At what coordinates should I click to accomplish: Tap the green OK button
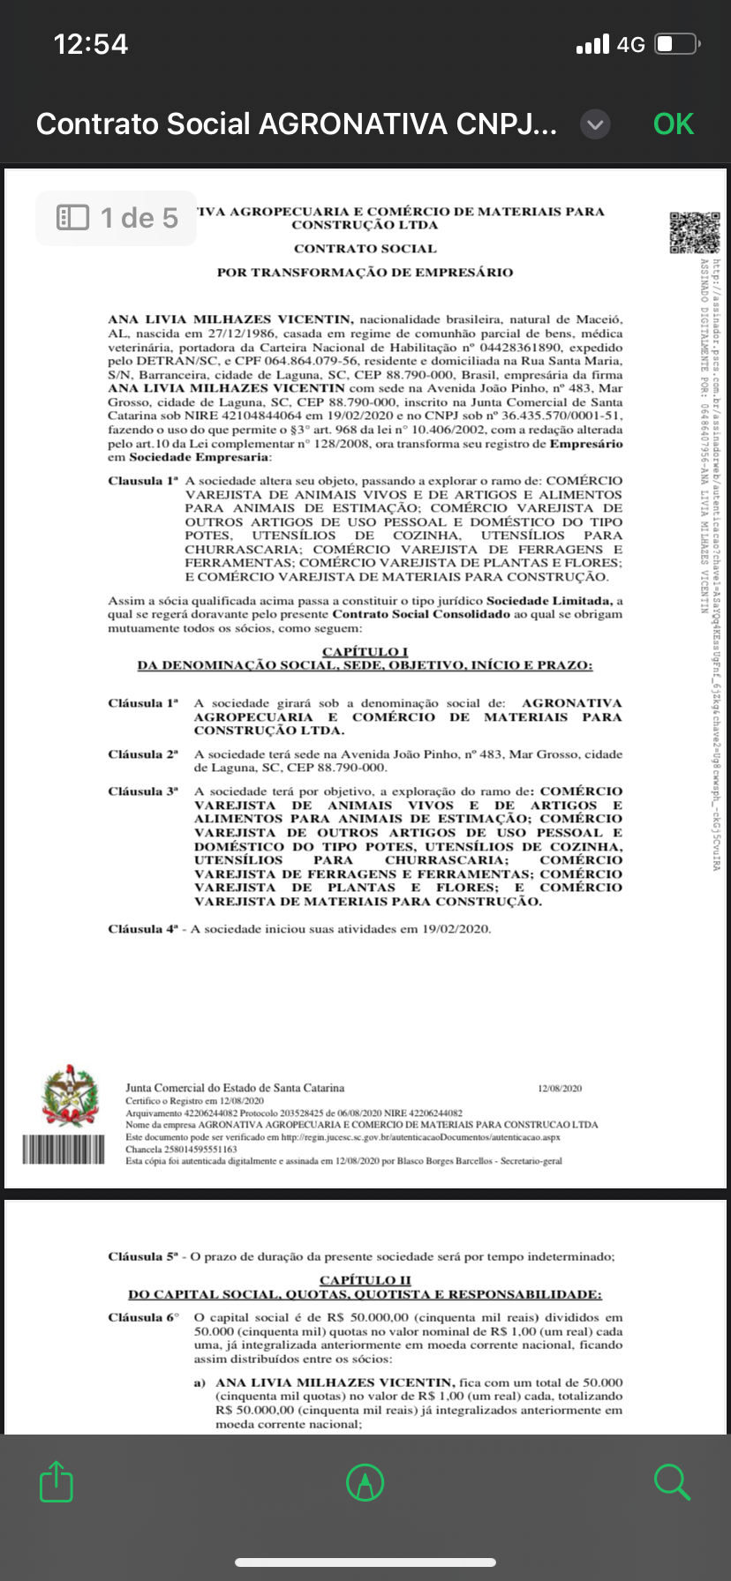click(673, 124)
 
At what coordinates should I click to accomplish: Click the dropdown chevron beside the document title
click(595, 124)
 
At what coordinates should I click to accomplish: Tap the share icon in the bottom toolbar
click(57, 1481)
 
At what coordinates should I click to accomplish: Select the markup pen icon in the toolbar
click(365, 1481)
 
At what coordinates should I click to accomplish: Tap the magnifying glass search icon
click(672, 1481)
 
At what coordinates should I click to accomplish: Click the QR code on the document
click(694, 232)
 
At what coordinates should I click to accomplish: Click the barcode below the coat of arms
click(64, 1149)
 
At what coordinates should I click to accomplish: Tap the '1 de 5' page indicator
click(117, 218)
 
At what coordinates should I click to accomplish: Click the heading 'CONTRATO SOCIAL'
click(365, 249)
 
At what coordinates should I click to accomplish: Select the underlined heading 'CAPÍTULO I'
click(365, 651)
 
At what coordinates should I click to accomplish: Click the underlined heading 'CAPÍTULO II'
click(365, 1279)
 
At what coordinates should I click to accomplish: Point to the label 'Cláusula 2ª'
click(143, 754)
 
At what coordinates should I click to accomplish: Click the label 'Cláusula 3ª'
click(143, 791)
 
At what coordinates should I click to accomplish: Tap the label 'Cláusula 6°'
click(143, 1317)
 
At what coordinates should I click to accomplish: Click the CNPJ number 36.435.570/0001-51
click(561, 416)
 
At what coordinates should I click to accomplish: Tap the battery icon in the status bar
click(678, 44)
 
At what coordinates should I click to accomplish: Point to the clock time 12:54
click(91, 44)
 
